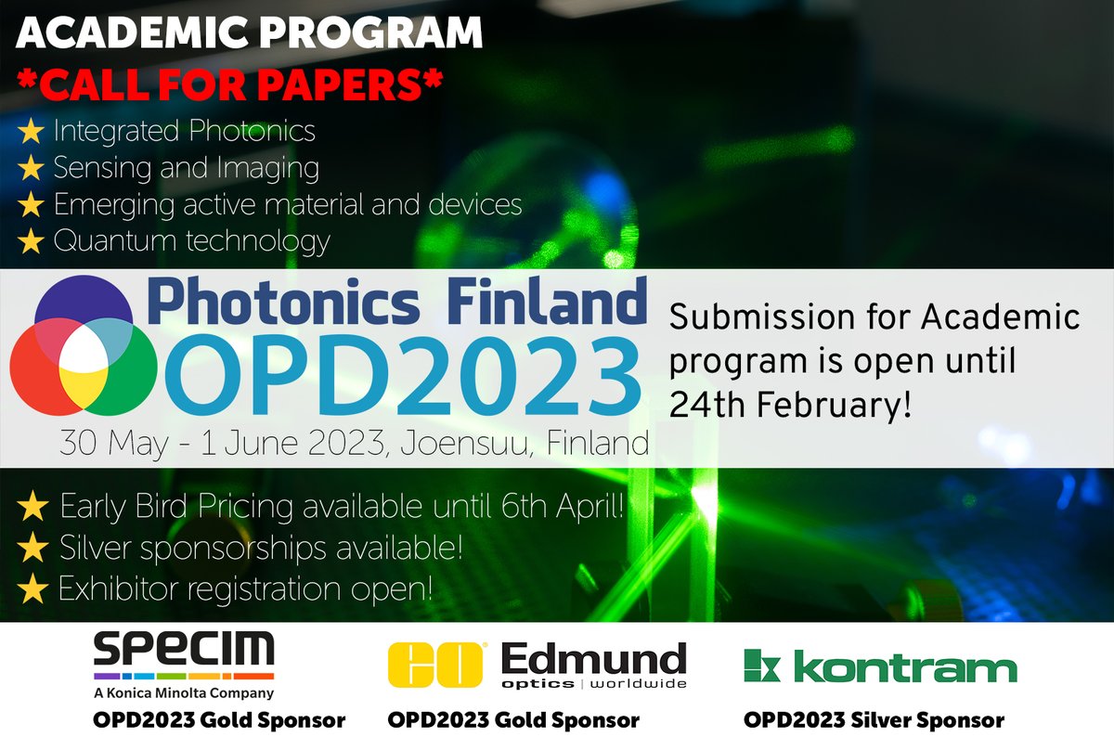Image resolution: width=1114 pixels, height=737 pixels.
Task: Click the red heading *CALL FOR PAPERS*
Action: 231,84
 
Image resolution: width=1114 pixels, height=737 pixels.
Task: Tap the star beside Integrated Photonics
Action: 31,132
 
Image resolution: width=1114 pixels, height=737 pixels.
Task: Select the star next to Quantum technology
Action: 31,242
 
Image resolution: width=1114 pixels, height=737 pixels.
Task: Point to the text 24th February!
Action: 788,405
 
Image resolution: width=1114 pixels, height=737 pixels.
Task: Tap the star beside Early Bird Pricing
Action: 33,508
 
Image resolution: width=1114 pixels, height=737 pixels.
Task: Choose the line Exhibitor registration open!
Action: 246,588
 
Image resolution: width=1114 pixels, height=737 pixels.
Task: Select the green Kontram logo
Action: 879,667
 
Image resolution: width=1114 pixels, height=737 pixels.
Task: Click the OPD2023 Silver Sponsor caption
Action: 874,719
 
